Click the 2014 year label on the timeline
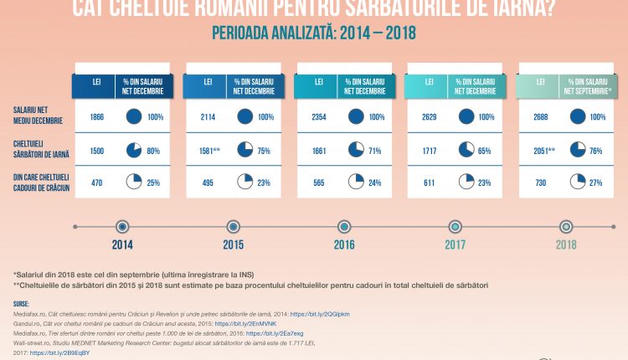click(x=121, y=246)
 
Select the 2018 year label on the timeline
click(x=566, y=246)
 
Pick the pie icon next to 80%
click(x=134, y=150)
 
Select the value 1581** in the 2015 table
click(x=209, y=150)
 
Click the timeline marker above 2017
click(x=455, y=226)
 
